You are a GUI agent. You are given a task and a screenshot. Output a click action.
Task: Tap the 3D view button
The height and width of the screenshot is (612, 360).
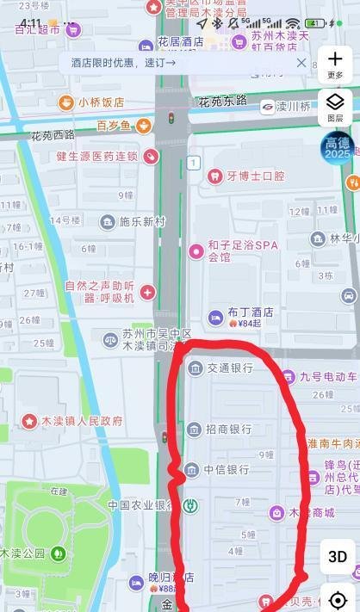338,557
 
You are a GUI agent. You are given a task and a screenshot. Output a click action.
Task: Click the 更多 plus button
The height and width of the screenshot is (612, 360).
335,63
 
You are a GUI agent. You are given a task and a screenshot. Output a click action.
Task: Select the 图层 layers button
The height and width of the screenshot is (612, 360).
335,107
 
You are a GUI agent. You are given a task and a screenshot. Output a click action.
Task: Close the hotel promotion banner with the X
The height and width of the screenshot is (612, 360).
301,63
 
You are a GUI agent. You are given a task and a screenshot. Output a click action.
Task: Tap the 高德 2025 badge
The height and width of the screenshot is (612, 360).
337,147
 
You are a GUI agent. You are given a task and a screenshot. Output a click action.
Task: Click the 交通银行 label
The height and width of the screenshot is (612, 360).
229,368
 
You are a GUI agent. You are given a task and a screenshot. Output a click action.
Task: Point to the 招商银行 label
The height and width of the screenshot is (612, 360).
229,429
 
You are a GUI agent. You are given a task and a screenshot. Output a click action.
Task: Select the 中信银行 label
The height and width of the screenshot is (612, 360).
226,470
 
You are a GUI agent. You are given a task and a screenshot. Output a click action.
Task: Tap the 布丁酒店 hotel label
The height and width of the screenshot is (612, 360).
250,312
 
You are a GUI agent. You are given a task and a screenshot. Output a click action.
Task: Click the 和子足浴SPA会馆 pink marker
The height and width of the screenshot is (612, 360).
196,252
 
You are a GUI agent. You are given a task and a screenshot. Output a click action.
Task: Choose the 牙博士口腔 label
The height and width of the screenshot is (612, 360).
255,176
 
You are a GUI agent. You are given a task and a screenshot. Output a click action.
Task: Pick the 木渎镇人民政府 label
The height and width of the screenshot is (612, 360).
82,421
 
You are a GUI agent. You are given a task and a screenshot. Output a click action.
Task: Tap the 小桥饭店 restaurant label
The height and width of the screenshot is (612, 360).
101,102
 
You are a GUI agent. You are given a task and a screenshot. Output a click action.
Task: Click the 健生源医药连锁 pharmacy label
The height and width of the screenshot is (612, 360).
96,156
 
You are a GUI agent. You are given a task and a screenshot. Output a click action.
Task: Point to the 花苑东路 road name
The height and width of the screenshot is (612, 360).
222,102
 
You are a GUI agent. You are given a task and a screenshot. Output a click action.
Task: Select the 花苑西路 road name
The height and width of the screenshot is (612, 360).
53,135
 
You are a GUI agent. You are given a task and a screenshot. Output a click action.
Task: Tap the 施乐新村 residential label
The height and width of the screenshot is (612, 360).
141,222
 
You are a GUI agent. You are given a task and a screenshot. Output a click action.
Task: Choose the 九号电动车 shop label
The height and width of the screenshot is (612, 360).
327,376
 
